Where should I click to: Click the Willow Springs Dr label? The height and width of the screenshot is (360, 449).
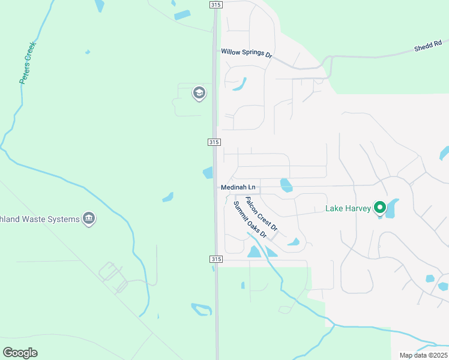pos(246,53)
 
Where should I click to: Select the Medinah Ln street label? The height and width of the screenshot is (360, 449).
pos(238,188)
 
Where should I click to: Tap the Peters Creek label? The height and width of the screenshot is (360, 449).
pos(28,62)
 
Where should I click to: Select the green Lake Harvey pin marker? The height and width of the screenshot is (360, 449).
pos(379,208)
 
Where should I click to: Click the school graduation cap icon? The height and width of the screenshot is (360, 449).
pos(199,93)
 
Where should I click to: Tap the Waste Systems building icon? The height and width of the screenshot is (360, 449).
pos(89,218)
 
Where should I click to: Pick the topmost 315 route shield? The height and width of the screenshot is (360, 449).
pos(216,5)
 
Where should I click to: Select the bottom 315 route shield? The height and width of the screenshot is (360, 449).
pos(216,259)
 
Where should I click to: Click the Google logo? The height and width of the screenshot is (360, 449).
pos(20,353)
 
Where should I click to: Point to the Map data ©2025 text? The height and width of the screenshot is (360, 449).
pos(423,355)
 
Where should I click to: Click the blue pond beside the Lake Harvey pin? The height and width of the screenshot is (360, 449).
pos(392,208)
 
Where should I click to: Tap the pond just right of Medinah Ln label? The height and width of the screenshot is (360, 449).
pos(286,185)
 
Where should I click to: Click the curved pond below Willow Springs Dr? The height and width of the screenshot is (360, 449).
pos(240,84)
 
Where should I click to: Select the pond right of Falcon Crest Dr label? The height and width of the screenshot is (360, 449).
pos(294,242)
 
